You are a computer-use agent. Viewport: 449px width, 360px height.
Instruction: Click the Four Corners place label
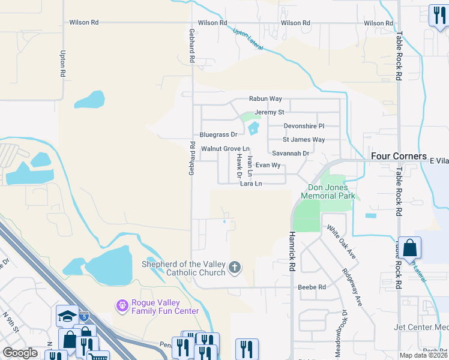[x=398, y=155]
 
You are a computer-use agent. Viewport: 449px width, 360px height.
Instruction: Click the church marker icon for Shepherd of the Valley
[x=235, y=268]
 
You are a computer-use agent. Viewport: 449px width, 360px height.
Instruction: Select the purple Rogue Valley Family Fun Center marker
[x=122, y=306]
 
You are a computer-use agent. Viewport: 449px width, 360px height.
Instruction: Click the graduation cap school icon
[x=67, y=316]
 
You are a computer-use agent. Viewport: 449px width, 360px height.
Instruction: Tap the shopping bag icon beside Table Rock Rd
[x=409, y=248]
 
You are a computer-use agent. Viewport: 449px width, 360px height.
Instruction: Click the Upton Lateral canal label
[x=247, y=40]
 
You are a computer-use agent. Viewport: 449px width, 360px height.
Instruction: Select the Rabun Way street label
[x=265, y=99]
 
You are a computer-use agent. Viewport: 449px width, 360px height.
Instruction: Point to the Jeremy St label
[x=269, y=112]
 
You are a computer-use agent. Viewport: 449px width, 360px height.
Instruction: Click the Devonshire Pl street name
[x=304, y=126]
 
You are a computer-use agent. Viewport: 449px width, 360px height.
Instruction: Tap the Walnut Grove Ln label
[x=225, y=148]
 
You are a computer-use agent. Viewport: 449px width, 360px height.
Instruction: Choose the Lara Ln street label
[x=251, y=184]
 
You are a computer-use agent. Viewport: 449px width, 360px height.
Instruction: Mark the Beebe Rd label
[x=312, y=287]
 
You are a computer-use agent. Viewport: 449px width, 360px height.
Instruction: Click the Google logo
[x=20, y=353]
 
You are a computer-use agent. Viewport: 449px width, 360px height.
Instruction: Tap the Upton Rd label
[x=62, y=64]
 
